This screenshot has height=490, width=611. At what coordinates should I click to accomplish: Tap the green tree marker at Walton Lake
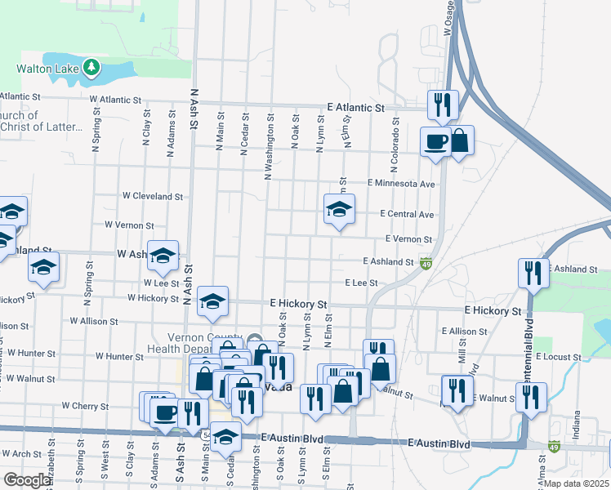[91, 69]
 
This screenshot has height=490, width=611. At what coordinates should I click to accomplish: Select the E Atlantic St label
[355, 108]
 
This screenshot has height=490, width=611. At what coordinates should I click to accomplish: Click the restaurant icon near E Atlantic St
[443, 104]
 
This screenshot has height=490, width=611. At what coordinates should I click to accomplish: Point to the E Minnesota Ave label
[401, 184]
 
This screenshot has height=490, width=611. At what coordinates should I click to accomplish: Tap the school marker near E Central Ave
[339, 209]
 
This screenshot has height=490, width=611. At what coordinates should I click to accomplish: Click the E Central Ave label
[406, 214]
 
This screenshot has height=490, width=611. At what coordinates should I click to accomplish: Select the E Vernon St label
[408, 239]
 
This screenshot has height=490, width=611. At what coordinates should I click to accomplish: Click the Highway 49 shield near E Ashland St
[426, 263]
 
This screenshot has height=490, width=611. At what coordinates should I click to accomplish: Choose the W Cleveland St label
[153, 197]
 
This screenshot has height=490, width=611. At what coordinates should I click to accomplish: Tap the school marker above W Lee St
[163, 256]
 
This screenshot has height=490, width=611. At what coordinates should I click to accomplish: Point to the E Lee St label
[361, 283]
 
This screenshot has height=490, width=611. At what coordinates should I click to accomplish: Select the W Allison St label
[94, 322]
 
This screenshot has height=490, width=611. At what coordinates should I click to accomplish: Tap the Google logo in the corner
[27, 480]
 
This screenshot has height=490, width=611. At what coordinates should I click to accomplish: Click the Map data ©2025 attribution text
[576, 483]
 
